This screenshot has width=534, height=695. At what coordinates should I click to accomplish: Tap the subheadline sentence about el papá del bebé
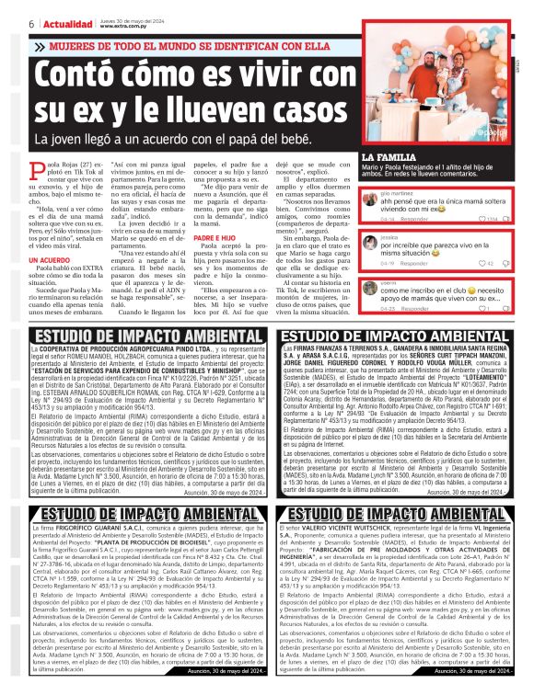pyautogui.click(x=193, y=139)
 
